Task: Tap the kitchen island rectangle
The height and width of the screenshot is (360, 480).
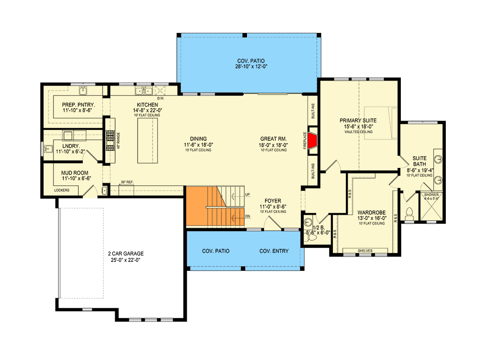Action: pyautogui.click(x=148, y=140)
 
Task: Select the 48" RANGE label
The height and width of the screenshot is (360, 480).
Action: pyautogui.click(x=118, y=141)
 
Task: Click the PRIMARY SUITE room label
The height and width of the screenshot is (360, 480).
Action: pyautogui.click(x=358, y=121)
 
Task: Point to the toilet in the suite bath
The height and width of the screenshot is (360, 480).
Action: pyautogui.click(x=409, y=214)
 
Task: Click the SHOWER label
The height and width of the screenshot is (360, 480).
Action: pyautogui.click(x=431, y=195)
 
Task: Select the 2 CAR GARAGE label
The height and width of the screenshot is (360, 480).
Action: pyautogui.click(x=126, y=253)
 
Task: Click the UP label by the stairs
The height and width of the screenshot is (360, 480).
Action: pyautogui.click(x=247, y=194)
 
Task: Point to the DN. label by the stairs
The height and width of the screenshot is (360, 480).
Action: pyautogui.click(x=248, y=216)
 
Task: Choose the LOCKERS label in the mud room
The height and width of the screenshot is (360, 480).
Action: pyautogui.click(x=62, y=190)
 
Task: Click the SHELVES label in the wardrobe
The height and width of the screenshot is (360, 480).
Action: pyautogui.click(x=365, y=251)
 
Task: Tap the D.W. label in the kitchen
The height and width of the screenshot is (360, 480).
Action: pyautogui.click(x=161, y=98)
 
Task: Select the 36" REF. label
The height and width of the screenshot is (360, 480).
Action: pyautogui.click(x=127, y=182)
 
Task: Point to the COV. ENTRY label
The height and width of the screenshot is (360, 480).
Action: pyautogui.click(x=274, y=251)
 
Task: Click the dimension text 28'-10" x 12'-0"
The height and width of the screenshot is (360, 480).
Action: pyautogui.click(x=251, y=67)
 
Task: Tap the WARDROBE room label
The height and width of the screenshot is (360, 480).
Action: pyautogui.click(x=372, y=212)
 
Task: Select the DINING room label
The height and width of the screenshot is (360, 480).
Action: pyautogui.click(x=198, y=139)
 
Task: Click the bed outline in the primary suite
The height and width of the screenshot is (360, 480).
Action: pyautogui.click(x=381, y=123)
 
